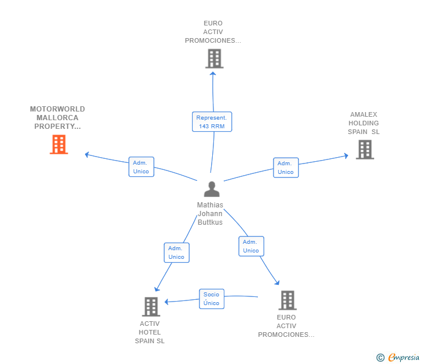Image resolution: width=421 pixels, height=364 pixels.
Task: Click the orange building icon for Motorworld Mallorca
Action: point(59,144)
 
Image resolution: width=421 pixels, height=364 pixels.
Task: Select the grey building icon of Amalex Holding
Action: point(364,149)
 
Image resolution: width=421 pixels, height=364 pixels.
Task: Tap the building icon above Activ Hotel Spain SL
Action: point(151,306)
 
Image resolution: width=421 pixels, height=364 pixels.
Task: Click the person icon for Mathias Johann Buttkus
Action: point(212,190)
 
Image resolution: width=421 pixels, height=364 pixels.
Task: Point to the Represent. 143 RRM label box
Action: point(212,122)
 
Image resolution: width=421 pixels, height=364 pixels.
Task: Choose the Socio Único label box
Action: point(211,299)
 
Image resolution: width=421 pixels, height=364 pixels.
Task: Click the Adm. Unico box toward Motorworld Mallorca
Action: point(141,167)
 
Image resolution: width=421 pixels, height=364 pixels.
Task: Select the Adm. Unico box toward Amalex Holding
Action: point(285,168)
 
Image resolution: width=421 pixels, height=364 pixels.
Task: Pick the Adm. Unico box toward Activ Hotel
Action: point(176,252)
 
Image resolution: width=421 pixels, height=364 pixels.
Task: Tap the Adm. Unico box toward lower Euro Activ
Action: point(251,246)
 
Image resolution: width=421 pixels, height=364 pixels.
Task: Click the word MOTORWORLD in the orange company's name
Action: point(57,109)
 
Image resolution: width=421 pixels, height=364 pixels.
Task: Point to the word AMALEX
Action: point(363,114)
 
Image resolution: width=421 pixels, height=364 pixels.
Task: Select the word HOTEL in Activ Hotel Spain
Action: point(150,332)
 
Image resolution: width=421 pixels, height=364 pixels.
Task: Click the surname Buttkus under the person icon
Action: point(210,222)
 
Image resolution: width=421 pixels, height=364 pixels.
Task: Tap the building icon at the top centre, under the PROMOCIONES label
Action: point(214,58)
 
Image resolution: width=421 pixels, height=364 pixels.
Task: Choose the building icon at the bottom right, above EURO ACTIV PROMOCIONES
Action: point(287,300)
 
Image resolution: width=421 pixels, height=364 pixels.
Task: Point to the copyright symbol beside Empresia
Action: point(380,358)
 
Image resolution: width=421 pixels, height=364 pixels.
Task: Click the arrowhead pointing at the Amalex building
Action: point(346,155)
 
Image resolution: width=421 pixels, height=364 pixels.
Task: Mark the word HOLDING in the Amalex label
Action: point(363,123)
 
